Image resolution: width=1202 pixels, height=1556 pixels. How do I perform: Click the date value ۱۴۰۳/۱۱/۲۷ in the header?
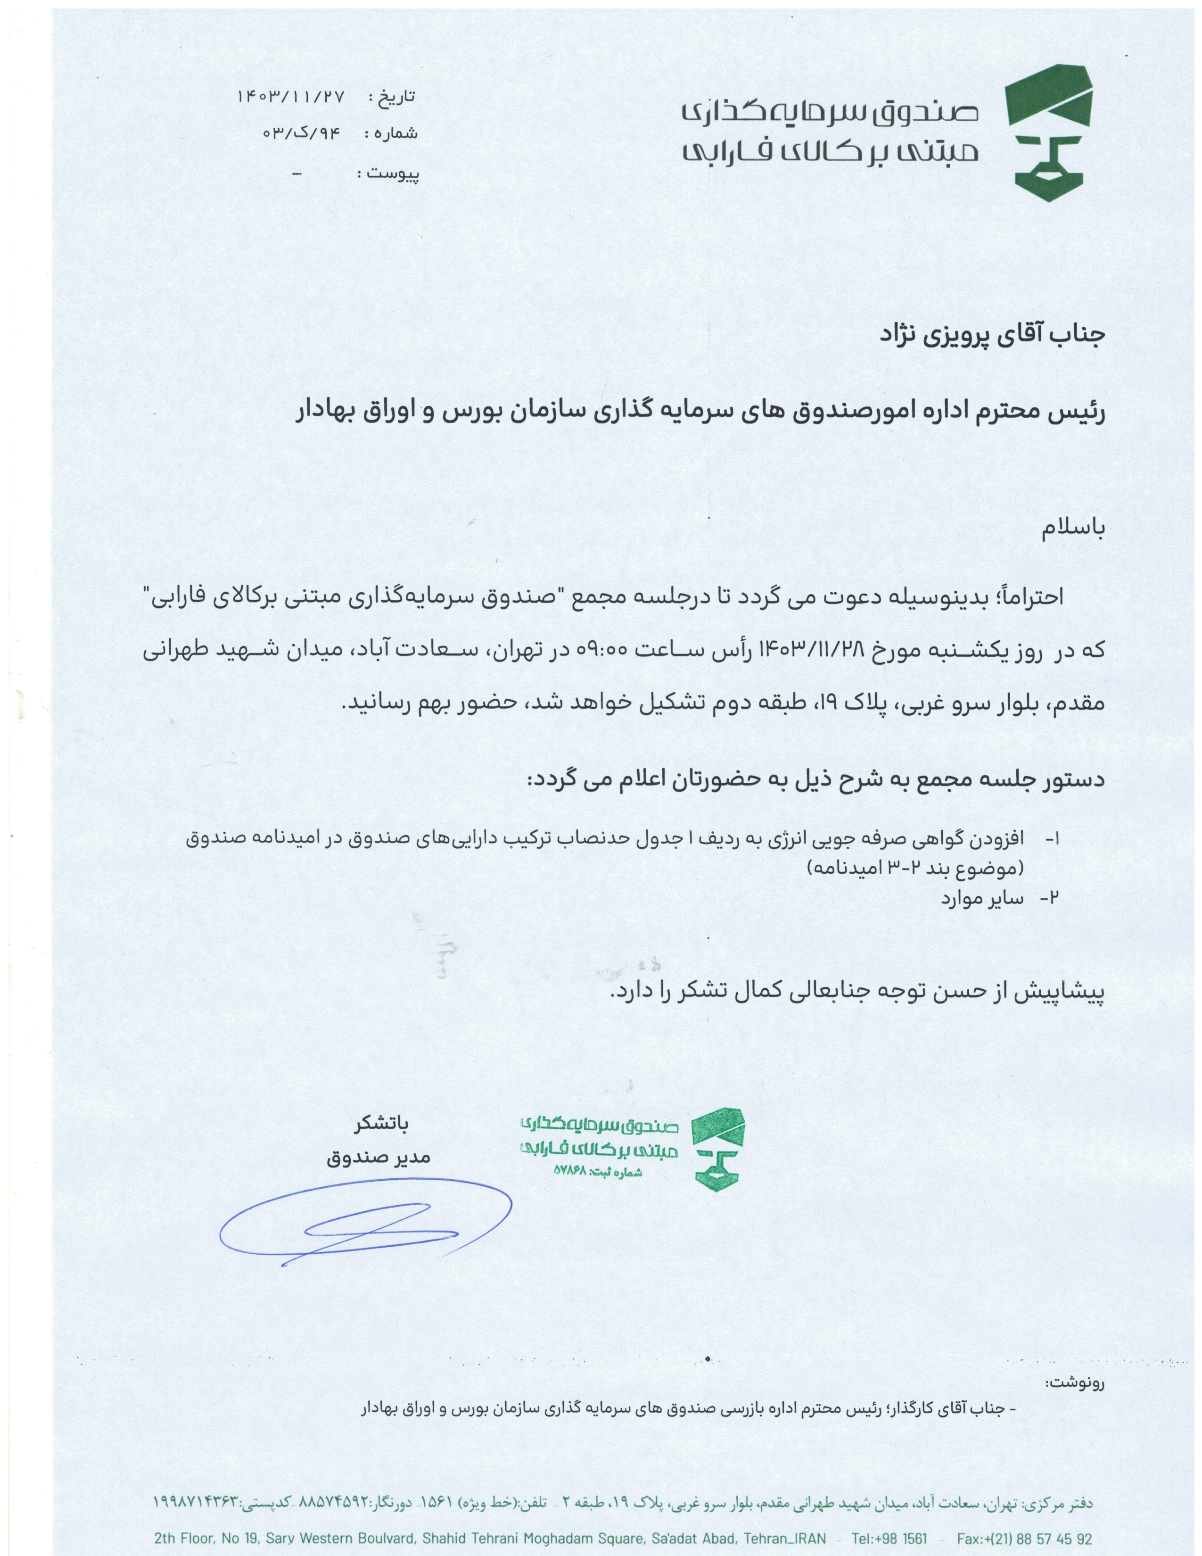290,97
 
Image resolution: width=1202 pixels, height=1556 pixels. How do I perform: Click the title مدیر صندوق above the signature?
379,1158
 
